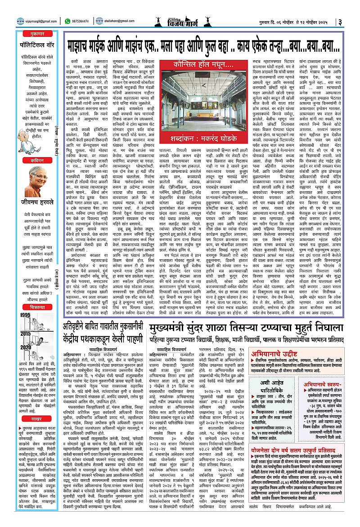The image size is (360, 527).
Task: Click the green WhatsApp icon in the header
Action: pyautogui.click(x=67, y=20)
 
